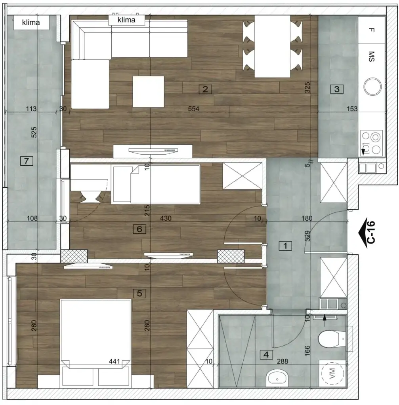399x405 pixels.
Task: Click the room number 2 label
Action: [x=205, y=89]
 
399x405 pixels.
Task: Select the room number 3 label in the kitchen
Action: [x=337, y=89]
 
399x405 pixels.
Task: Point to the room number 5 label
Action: [x=139, y=293]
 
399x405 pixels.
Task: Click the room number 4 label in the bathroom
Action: [x=266, y=355]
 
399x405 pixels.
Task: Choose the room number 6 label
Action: [x=139, y=229]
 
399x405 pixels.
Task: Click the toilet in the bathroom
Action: [x=331, y=339]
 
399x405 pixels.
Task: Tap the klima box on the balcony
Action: [x=32, y=23]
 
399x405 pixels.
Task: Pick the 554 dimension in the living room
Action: [x=193, y=109]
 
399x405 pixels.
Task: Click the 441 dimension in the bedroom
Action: [x=115, y=361]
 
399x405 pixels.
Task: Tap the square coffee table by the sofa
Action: [x=148, y=92]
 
